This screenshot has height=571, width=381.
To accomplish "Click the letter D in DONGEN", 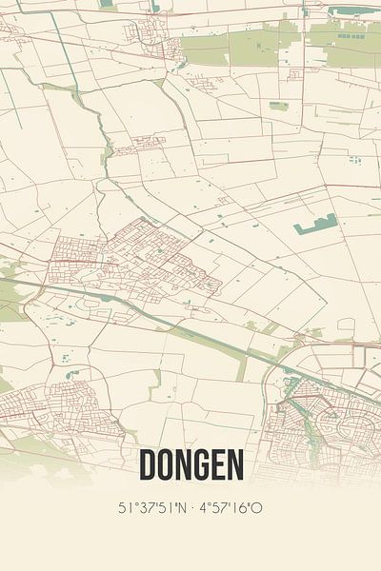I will point(149,465).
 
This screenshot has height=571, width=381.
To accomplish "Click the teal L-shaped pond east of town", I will point(316,226).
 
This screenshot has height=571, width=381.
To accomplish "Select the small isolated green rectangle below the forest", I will point(277,106).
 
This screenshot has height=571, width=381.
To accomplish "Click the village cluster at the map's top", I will point(152,38).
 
